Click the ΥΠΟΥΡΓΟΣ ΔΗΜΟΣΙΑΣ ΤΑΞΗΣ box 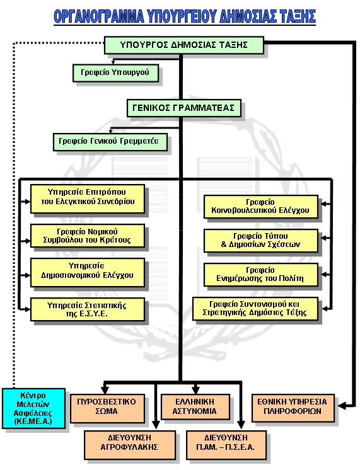pos(184,45)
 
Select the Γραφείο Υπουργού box pos(115,72)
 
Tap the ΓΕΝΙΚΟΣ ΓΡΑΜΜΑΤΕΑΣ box pos(184,108)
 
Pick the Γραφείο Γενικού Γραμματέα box pos(110,142)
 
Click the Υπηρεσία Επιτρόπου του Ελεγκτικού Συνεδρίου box pos(88,198)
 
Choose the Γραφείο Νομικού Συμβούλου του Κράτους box pos(88,236)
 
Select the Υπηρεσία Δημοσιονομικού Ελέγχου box pos(88,272)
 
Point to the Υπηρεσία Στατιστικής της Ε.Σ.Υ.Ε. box pos(88,309)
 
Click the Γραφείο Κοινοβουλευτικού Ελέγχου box pos(260,207)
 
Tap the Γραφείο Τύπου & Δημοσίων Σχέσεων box pos(260,241)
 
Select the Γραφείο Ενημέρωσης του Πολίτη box pos(260,275)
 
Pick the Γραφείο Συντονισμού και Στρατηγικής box pos(255,309)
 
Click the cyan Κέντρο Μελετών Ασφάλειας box pos(33,408)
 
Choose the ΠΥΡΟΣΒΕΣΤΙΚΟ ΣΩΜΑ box pos(107,408)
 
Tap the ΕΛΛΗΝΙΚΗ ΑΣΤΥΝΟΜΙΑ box pos(195,407)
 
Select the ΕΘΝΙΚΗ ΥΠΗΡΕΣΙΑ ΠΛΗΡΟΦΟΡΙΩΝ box pos(293,408)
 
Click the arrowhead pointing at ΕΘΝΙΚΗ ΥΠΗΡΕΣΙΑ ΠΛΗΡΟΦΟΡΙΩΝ pos(342,406)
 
